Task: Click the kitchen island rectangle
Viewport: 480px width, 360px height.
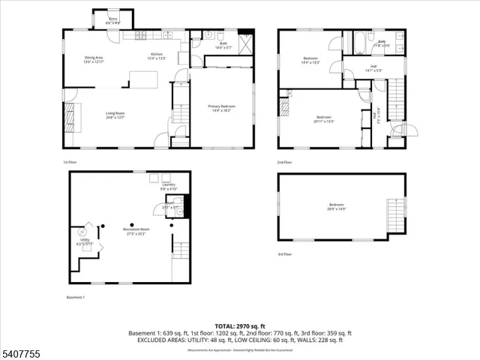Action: tap(144, 79)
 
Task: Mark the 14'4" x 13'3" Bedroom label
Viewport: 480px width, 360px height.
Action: tap(311, 61)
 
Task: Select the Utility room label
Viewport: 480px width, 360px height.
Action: tap(84, 242)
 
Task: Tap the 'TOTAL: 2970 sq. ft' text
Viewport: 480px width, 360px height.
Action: tap(239, 326)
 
